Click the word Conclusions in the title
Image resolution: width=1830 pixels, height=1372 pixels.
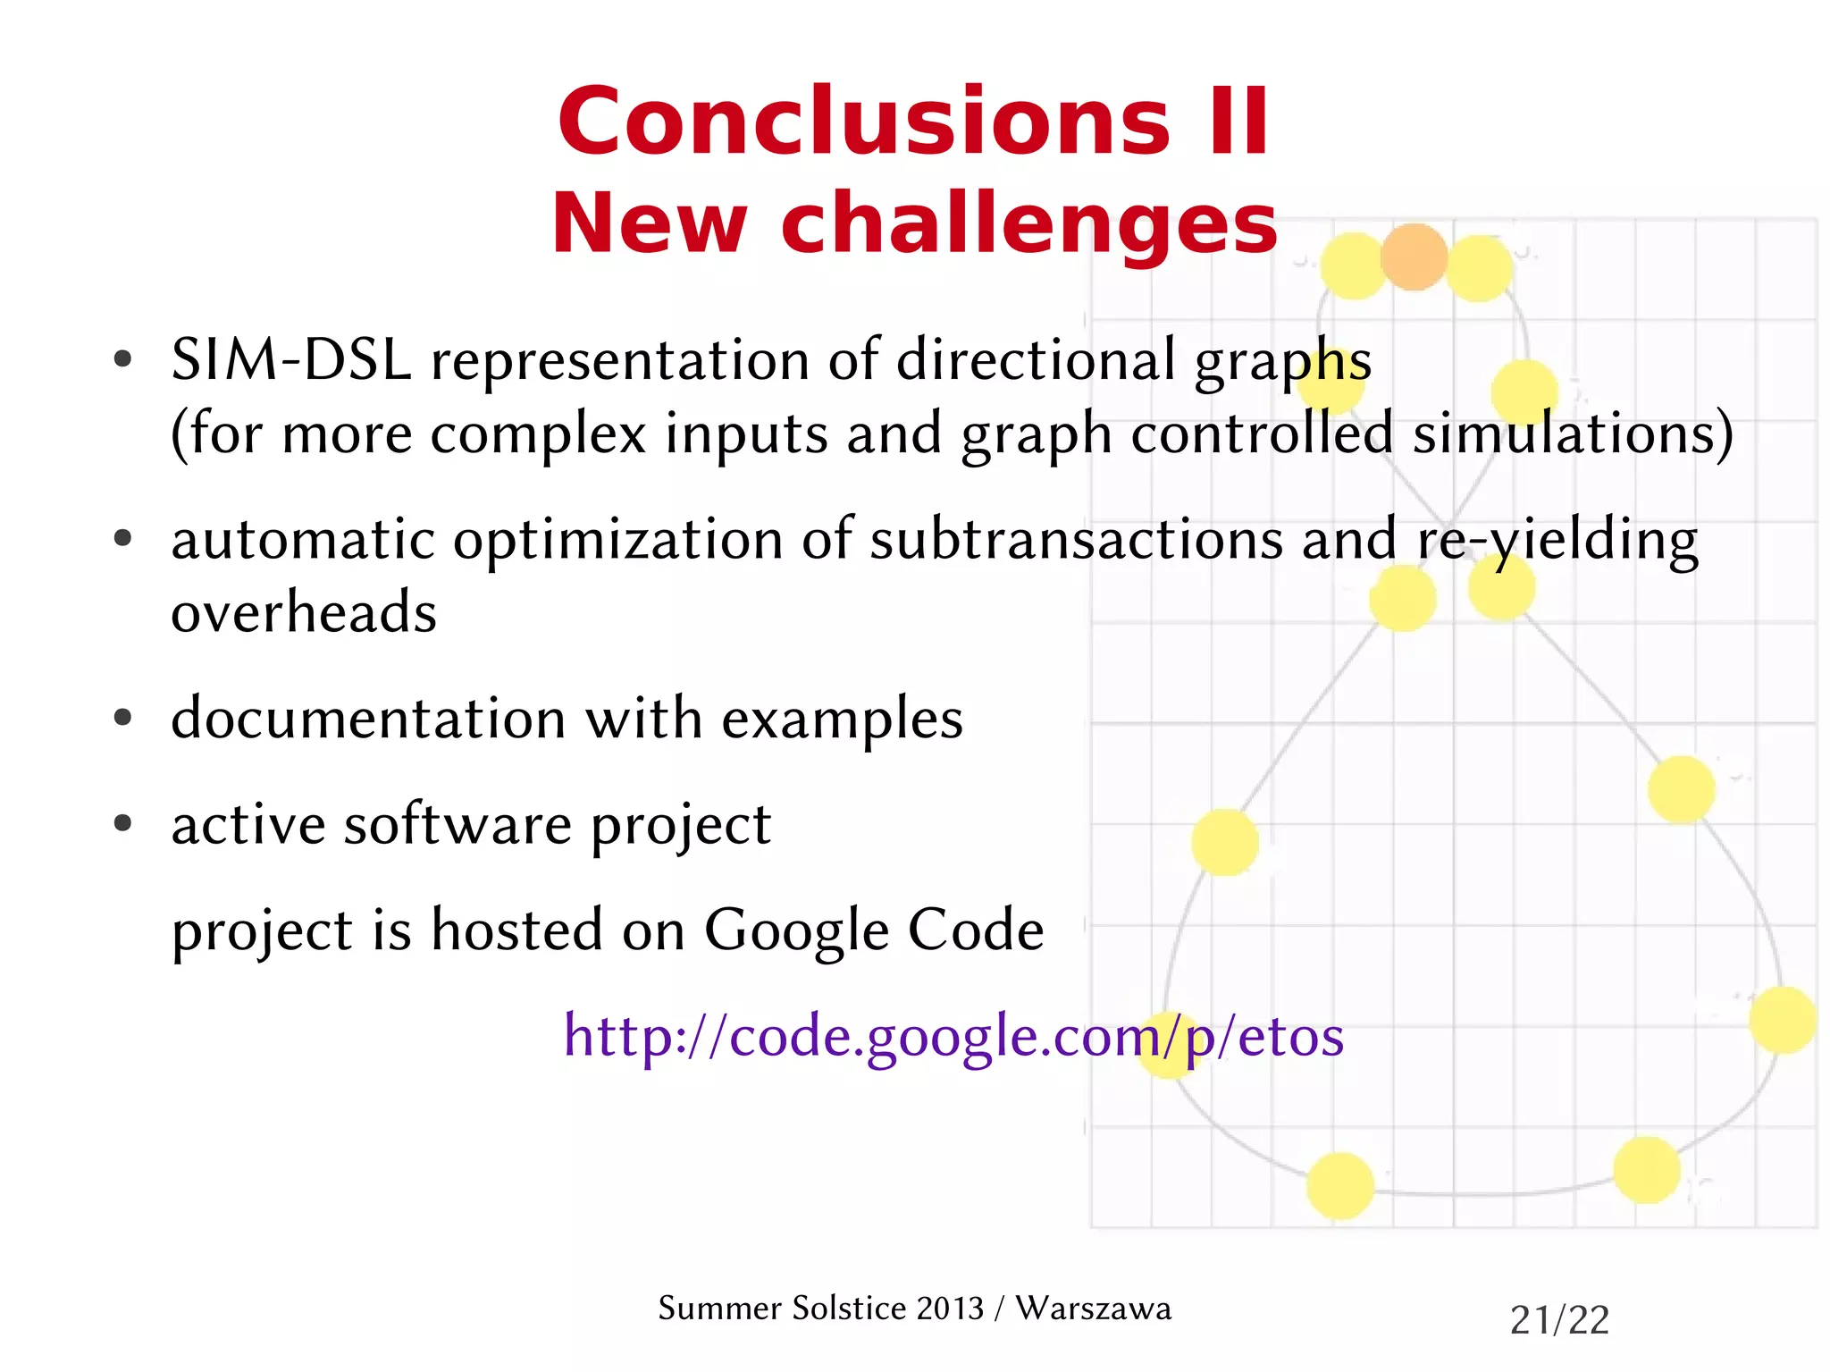[x=863, y=122]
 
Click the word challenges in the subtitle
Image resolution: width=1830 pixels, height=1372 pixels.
[x=1028, y=223]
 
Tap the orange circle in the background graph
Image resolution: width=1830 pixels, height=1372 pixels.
[x=1414, y=257]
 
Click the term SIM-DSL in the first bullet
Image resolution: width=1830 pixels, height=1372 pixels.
[x=290, y=360]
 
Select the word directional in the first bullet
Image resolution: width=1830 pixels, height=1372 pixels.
[x=1036, y=360]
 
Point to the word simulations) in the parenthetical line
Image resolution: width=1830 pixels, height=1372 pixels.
[x=1573, y=434]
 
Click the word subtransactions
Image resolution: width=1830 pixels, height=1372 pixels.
[x=1076, y=540]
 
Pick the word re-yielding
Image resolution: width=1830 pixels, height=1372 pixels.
[x=1557, y=540]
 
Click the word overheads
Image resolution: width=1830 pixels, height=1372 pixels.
[x=304, y=613]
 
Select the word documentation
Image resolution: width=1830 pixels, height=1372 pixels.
[x=368, y=719]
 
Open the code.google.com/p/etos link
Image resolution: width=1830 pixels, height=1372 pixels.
[x=953, y=1037]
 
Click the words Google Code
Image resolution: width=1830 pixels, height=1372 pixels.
[x=873, y=930]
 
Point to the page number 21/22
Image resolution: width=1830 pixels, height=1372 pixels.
[x=1559, y=1319]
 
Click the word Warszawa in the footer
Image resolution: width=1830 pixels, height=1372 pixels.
[x=1093, y=1308]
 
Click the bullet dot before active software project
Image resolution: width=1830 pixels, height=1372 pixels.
[x=123, y=822]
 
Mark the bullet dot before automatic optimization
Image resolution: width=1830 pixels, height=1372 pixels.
[x=123, y=538]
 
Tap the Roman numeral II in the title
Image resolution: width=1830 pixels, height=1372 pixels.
[x=1238, y=122]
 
